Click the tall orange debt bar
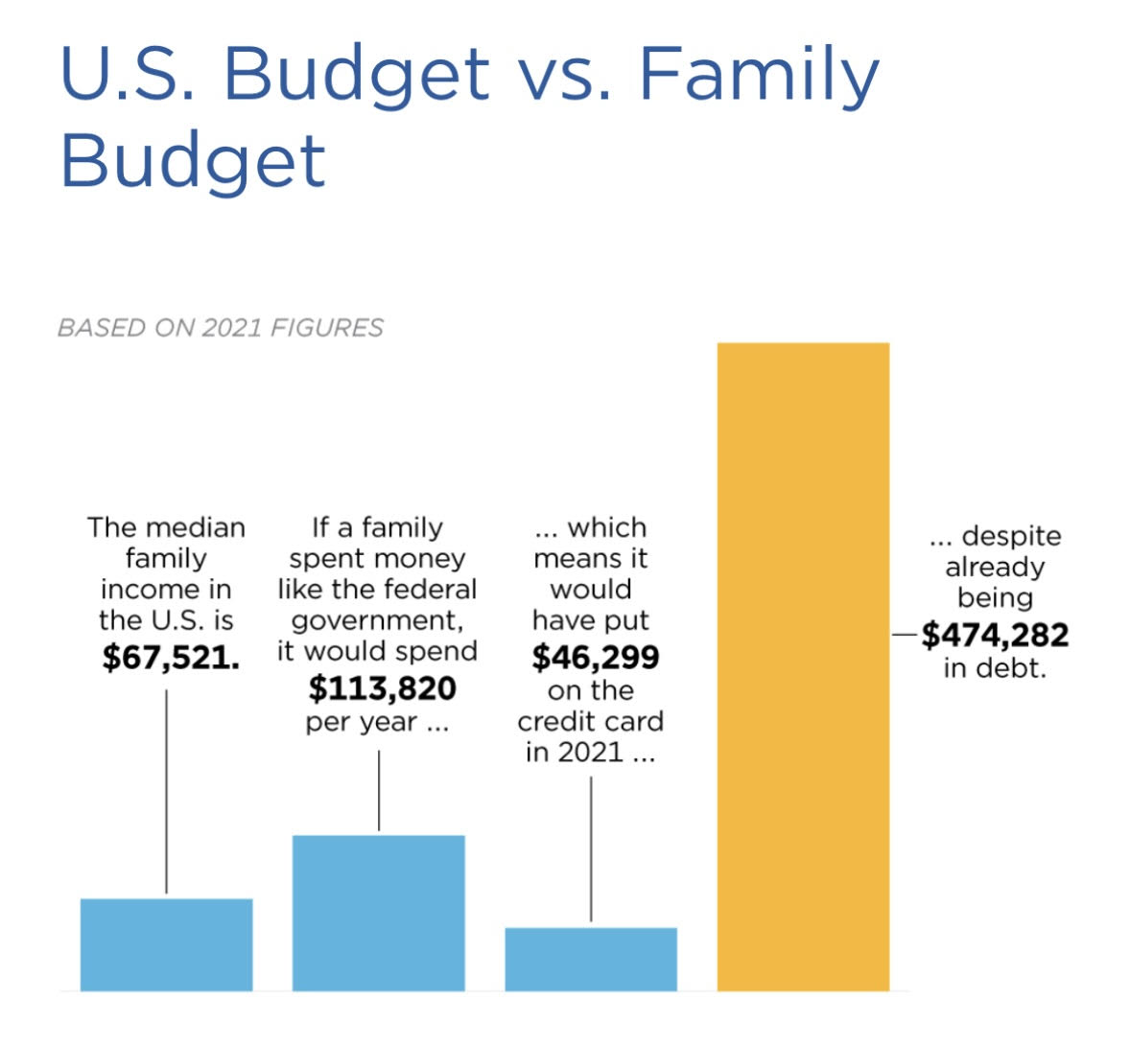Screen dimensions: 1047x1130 [803, 666]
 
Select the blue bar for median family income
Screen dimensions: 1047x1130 [166, 944]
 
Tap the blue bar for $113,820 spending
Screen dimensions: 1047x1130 [378, 913]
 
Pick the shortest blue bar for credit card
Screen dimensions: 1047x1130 [590, 959]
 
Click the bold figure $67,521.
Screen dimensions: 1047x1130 [171, 657]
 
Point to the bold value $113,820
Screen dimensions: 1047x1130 [382, 688]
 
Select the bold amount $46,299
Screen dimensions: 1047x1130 [595, 657]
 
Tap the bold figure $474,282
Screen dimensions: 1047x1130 [995, 635]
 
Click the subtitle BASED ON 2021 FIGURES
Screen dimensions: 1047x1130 [220, 328]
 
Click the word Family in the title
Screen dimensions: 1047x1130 [758, 75]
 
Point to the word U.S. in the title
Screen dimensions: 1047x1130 [129, 75]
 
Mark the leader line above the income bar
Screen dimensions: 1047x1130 [166, 791]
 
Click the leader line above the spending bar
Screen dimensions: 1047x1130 [379, 790]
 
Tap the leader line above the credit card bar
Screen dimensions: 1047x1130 [591, 849]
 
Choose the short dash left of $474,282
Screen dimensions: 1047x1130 [904, 635]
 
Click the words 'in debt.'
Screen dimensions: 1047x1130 [995, 668]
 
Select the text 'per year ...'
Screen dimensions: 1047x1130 [377, 722]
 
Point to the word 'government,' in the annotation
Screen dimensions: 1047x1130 [377, 620]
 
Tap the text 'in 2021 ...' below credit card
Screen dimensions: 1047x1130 [590, 753]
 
